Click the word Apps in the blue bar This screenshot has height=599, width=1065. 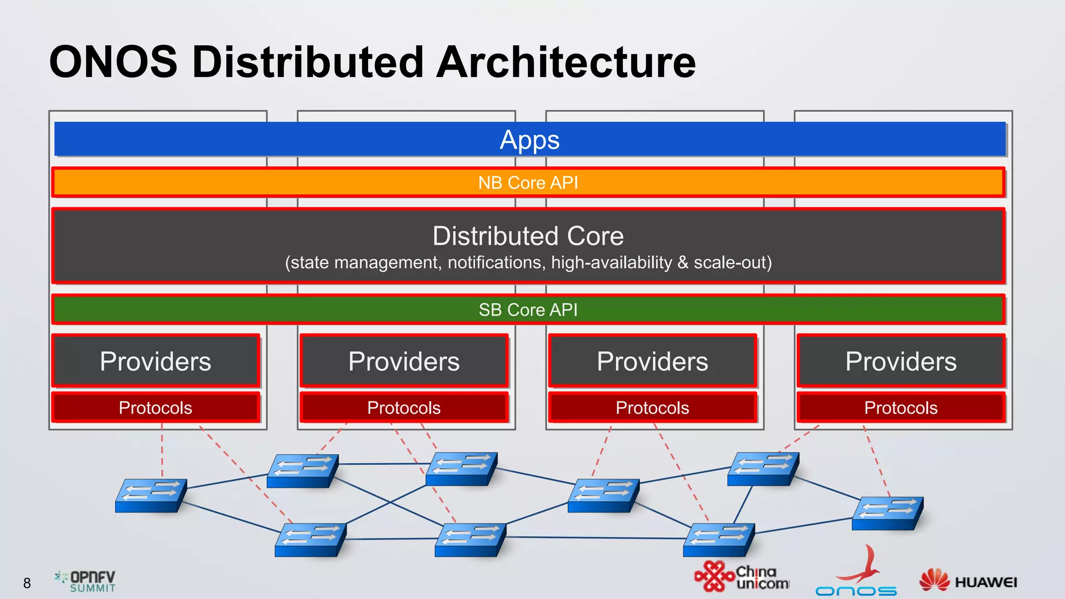529,140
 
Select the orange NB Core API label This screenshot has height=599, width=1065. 528,183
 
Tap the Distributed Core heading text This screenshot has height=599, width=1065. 528,236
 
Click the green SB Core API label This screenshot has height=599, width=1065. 528,309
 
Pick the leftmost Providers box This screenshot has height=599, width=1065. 155,361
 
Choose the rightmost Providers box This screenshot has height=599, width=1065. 901,361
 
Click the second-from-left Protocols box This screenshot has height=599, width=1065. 404,408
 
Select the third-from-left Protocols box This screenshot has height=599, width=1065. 652,408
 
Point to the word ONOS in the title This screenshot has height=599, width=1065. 113,62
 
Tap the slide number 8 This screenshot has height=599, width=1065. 27,583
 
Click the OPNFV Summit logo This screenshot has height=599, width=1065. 86,581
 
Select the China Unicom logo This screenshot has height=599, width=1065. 741,577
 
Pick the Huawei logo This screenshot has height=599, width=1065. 968,581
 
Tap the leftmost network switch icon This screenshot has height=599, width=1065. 150,495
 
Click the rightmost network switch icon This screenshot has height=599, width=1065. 887,513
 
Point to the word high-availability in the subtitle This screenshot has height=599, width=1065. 612,263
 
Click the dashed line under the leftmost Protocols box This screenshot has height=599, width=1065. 162,450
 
